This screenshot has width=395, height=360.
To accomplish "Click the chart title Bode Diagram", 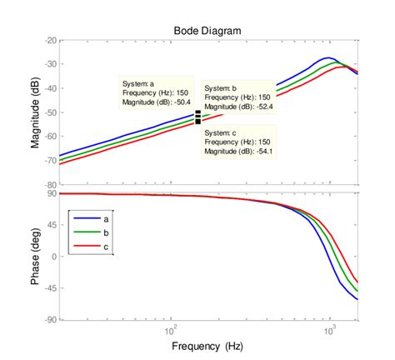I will (x=208, y=30).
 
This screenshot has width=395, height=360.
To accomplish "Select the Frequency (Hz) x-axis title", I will (x=208, y=344).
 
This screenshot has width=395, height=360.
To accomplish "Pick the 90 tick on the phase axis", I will (x=52, y=193).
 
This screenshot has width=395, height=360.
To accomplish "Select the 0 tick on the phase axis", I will (x=54, y=257).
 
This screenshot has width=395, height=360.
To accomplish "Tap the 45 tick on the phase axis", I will (x=52, y=225).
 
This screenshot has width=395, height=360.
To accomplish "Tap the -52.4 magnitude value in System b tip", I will (x=250, y=107).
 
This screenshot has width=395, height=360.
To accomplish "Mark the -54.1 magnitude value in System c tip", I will (x=250, y=152).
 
